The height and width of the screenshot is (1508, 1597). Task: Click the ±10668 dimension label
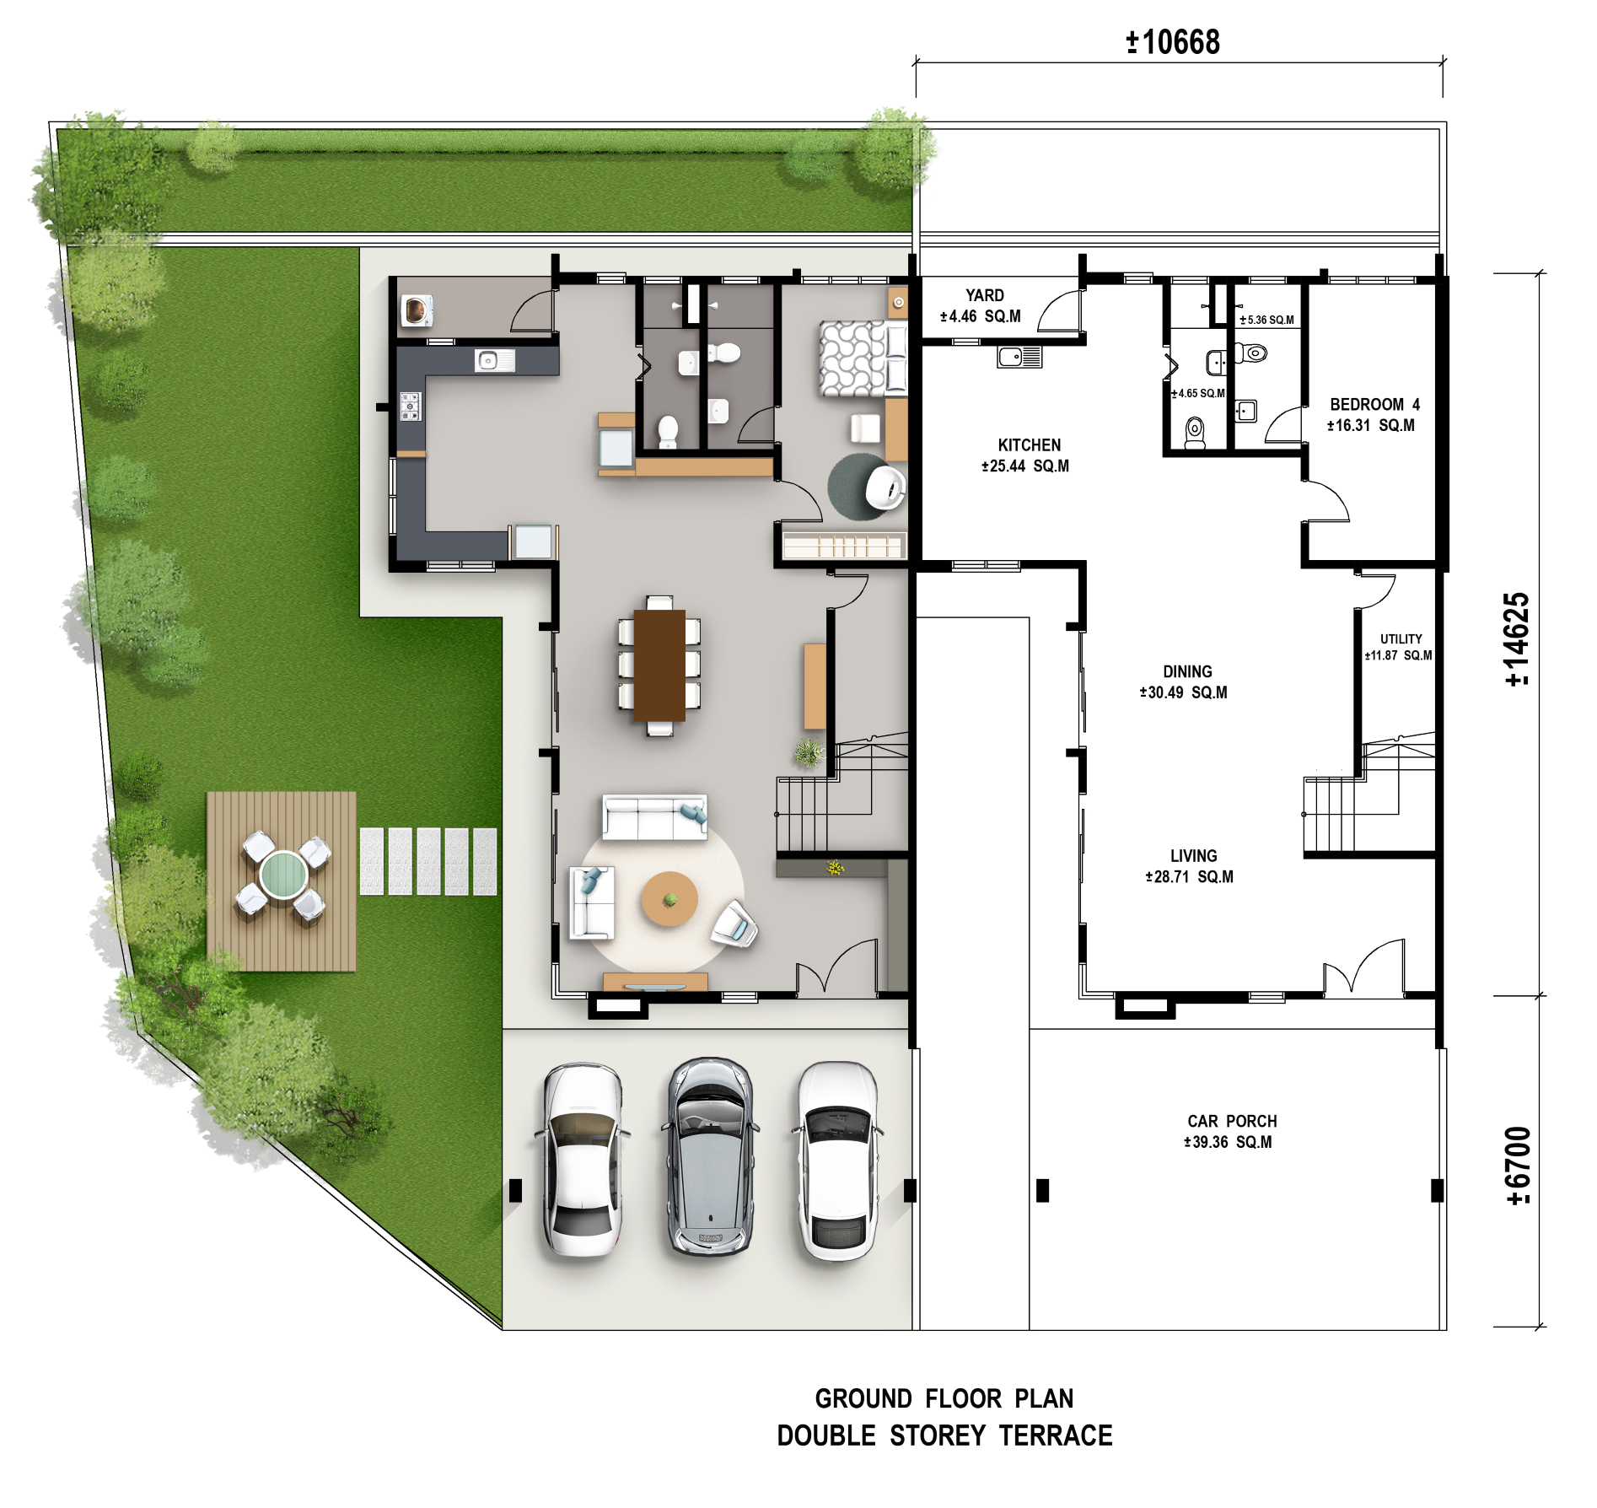point(1173,41)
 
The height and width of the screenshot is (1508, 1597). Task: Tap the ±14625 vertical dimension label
point(1517,639)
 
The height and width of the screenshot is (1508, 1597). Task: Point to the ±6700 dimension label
point(1517,1166)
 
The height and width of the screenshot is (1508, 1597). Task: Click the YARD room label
point(984,295)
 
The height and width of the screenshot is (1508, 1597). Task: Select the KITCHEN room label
point(1029,445)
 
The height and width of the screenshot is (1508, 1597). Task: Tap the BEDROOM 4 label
point(1374,405)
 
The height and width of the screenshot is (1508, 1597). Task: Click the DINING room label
point(1187,671)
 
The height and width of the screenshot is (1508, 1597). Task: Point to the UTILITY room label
point(1401,639)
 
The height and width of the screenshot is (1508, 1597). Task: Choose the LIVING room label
point(1193,856)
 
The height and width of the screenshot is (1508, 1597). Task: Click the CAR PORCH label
point(1232,1122)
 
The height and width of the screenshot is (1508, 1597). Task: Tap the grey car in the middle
point(710,1156)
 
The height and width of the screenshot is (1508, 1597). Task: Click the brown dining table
point(659,665)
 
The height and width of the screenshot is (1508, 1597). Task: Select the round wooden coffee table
point(669,899)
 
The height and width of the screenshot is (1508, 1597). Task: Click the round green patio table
point(282,874)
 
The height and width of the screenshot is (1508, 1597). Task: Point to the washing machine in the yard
point(417,310)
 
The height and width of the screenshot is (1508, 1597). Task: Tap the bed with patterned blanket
point(863,358)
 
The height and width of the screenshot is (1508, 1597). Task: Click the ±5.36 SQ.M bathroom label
point(1266,320)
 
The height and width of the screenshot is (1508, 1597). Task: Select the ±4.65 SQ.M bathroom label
point(1198,394)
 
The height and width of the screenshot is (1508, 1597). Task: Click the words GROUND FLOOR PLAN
point(944,1399)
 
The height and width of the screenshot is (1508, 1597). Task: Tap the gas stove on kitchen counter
point(411,407)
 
